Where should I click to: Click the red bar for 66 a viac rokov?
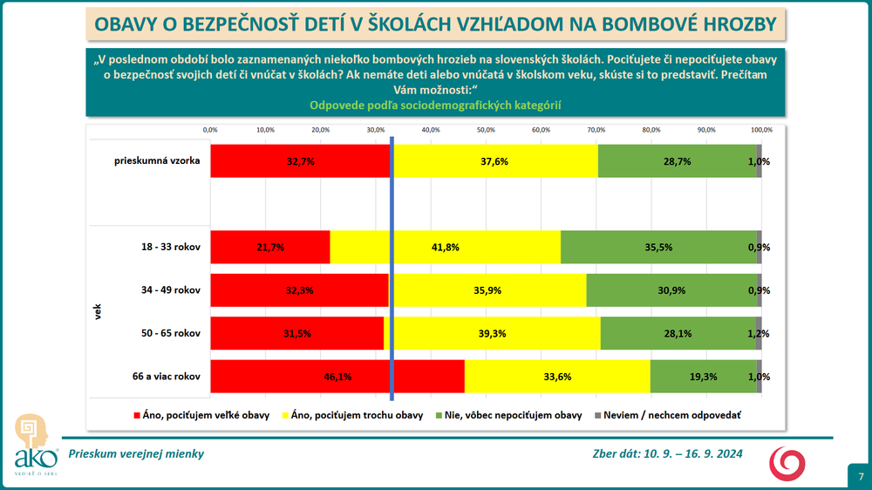pos(337,376)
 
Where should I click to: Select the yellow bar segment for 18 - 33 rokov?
pos(445,247)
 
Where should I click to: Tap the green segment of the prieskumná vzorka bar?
pos(678,161)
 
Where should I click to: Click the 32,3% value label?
pos(299,289)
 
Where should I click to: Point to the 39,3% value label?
pos(492,333)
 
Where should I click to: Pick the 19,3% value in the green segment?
pos(703,376)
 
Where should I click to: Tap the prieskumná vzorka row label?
pos(158,161)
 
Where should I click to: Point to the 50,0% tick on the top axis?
pos(486,129)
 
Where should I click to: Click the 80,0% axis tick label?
pos(651,129)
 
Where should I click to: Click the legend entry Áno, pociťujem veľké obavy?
pos(201,416)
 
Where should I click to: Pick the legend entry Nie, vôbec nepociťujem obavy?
pos(514,416)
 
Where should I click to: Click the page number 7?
pos(860,476)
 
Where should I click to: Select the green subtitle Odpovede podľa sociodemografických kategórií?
pos(435,105)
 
